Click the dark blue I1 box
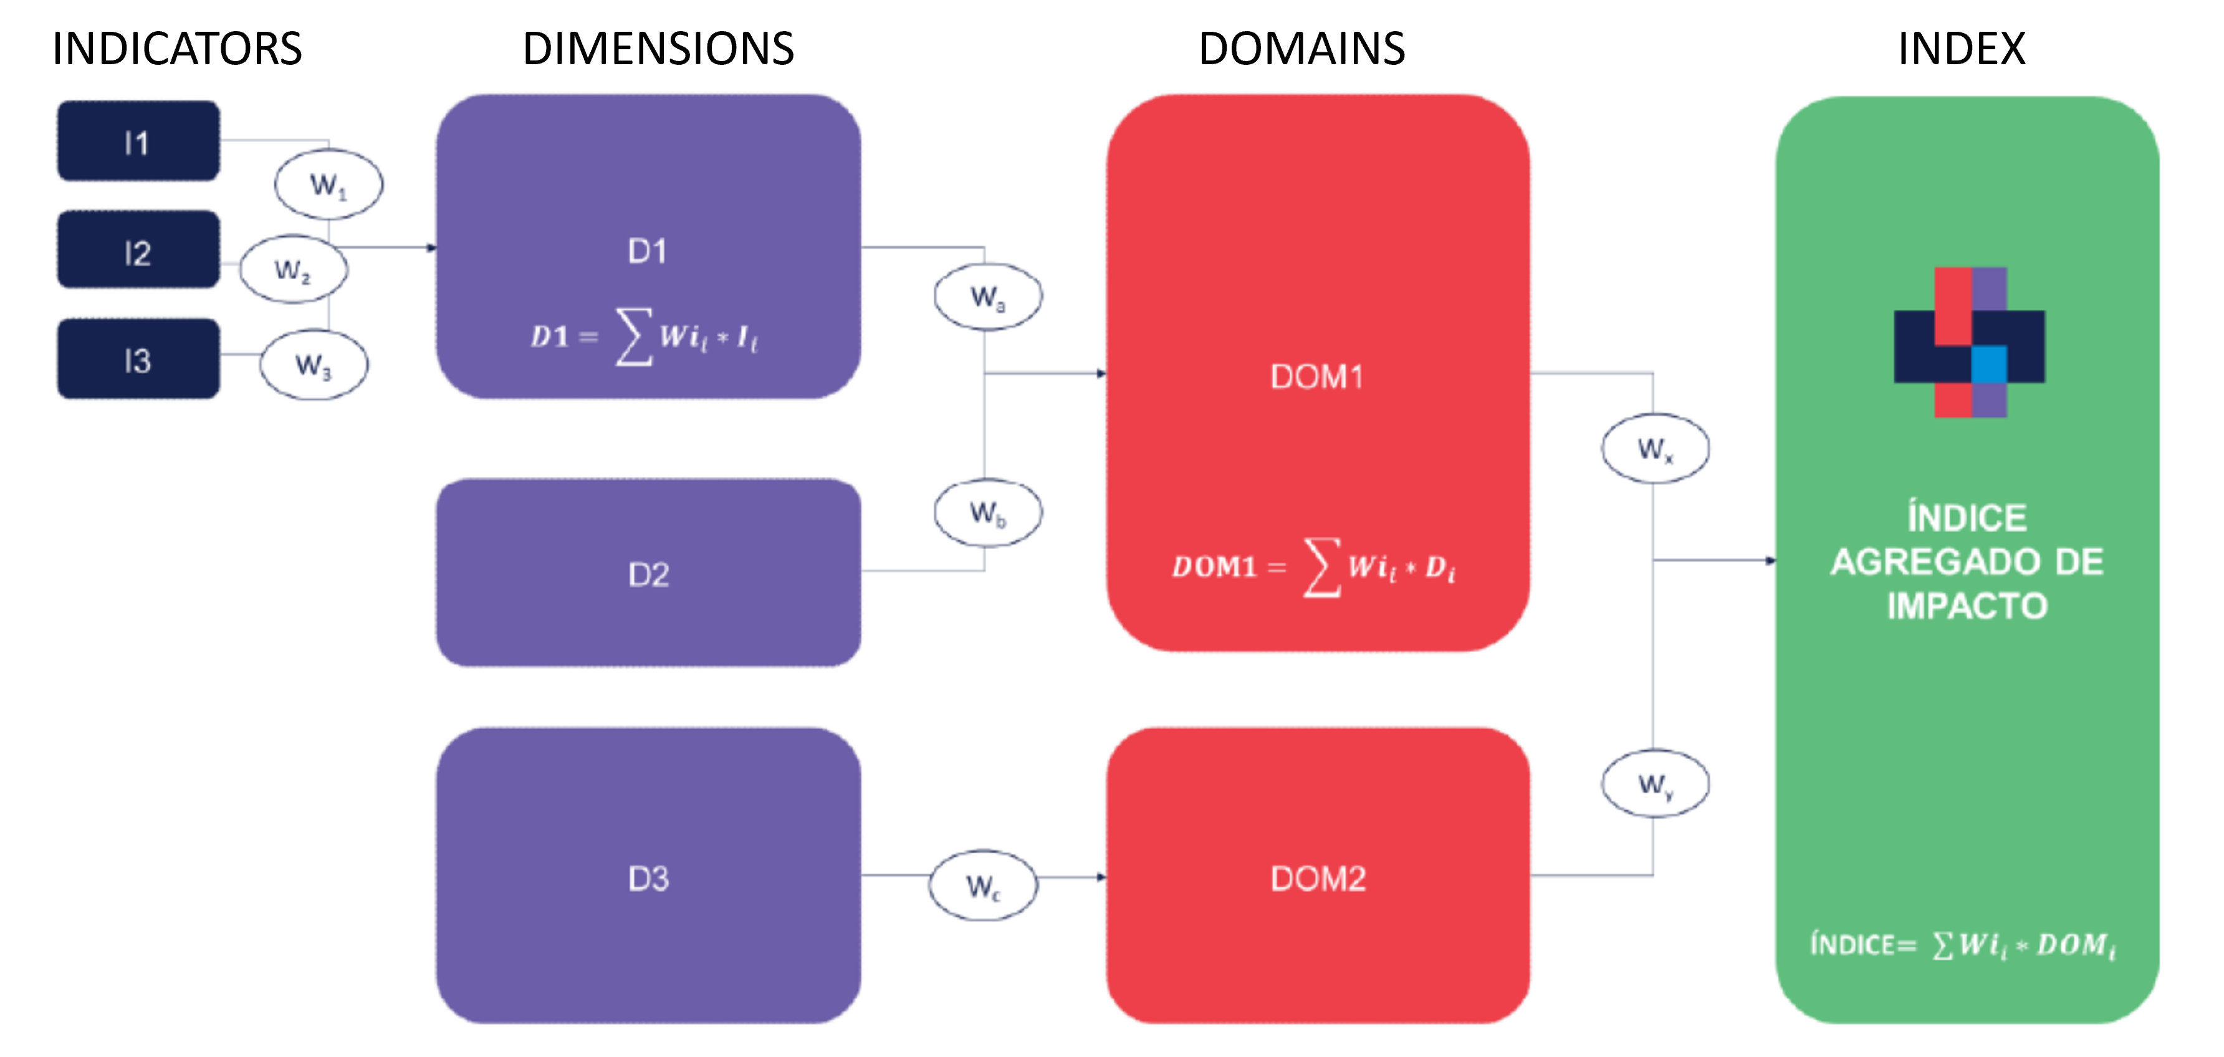click(138, 141)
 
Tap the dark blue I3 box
click(138, 358)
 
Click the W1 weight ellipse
click(328, 184)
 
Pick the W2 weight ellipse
click(294, 269)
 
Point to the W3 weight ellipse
click(314, 365)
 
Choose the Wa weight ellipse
click(988, 296)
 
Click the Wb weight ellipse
click(988, 513)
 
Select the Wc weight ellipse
click(982, 885)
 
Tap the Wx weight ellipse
click(1655, 448)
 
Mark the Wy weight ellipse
click(1655, 783)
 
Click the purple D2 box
click(648, 573)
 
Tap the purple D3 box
click(648, 876)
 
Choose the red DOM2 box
click(1318, 876)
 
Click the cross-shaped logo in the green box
click(1969, 343)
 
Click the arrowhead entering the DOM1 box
click(1101, 374)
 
